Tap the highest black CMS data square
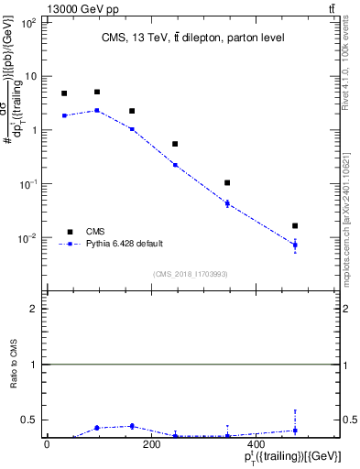point(97,92)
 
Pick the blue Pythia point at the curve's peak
point(97,110)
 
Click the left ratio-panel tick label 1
point(33,365)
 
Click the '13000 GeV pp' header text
point(41,7)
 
